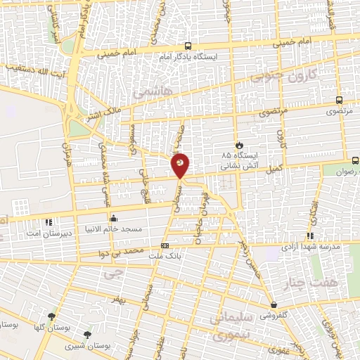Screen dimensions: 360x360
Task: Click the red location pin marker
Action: click(180, 165)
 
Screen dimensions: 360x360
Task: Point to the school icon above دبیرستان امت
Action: click(49, 223)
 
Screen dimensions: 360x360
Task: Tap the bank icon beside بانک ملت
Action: click(165, 246)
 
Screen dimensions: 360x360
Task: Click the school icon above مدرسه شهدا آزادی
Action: click(309, 236)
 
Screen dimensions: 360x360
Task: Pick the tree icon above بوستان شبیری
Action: click(86, 335)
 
